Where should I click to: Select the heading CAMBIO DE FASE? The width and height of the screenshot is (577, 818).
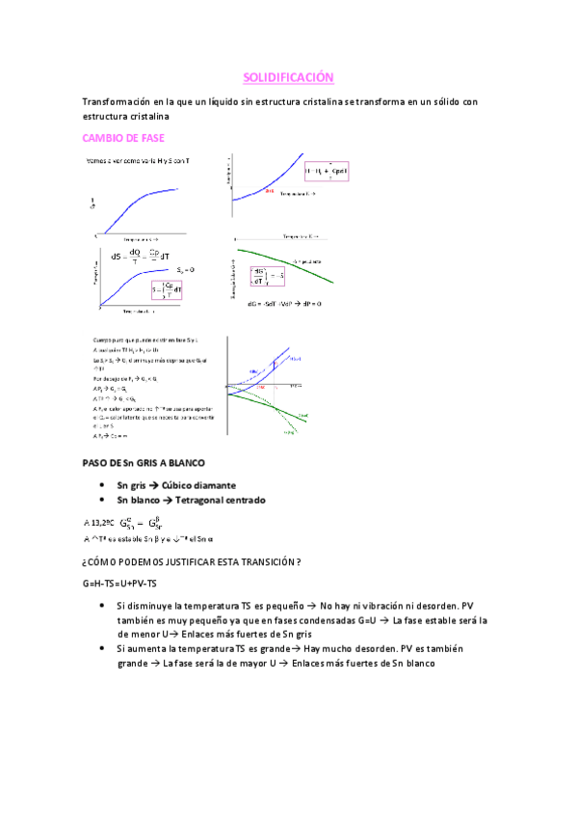tap(124, 138)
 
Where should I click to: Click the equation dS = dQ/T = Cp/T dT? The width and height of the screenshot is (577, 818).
tap(141, 257)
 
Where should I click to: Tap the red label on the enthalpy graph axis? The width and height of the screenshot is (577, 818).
tap(271, 192)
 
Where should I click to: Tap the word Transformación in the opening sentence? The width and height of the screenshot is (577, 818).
tap(117, 101)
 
